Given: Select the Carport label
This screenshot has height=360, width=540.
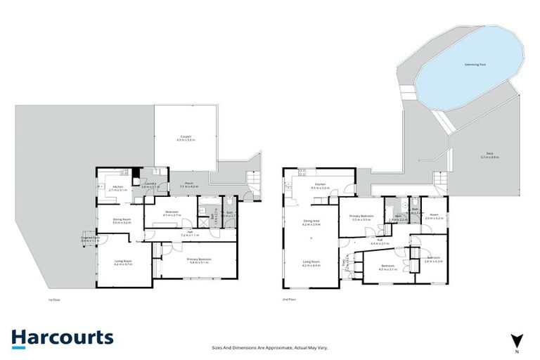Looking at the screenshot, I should coord(186,138).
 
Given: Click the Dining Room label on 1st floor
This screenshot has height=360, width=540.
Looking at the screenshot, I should coord(122,221).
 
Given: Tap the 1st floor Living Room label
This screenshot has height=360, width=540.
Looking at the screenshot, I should coord(123,262).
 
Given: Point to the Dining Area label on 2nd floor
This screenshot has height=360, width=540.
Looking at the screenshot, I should coord(311,223).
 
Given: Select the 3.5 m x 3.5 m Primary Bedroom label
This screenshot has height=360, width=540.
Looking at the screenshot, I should coord(361,218).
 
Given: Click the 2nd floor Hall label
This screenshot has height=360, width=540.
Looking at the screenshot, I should coord(379,243).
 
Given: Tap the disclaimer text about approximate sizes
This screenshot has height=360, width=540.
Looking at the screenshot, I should coord(270,347).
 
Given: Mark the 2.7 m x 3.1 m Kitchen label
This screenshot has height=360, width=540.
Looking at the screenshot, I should coord(117,188).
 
